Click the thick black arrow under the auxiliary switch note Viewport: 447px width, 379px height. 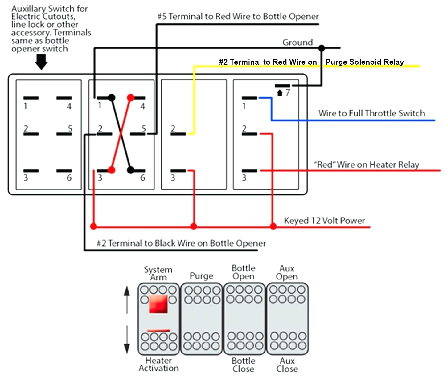[41, 62]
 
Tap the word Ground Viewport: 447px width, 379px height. [297, 43]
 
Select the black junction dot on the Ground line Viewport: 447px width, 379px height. [322, 48]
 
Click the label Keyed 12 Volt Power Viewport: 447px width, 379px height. [324, 221]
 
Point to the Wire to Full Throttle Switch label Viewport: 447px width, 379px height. [371, 113]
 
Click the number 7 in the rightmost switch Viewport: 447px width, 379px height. [288, 92]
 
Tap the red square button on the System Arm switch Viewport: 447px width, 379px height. [158, 304]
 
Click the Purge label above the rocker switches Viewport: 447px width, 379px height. [201, 276]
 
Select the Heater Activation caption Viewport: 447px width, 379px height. [158, 364]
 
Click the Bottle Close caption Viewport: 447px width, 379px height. [243, 365]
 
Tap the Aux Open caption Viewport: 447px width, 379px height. [287, 272]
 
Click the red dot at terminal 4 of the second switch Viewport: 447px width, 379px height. [131, 98]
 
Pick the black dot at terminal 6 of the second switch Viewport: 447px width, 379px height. [131, 170]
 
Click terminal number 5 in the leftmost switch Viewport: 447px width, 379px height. [70, 128]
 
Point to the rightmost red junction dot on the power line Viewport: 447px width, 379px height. [273, 227]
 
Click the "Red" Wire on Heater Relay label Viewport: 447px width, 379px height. [366, 165]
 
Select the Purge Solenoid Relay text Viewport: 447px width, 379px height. [364, 62]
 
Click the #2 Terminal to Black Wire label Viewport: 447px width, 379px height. [181, 243]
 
